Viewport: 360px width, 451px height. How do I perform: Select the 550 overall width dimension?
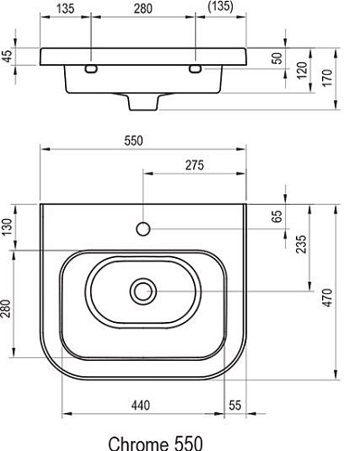(141, 142)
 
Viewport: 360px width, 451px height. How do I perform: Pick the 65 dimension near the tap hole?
(277, 216)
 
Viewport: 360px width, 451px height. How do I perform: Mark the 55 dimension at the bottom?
(235, 405)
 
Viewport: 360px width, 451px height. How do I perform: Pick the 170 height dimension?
(328, 78)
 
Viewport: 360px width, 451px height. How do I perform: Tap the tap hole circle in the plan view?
(142, 228)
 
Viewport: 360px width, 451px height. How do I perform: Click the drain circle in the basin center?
(142, 290)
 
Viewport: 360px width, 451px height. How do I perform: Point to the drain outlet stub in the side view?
(142, 101)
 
